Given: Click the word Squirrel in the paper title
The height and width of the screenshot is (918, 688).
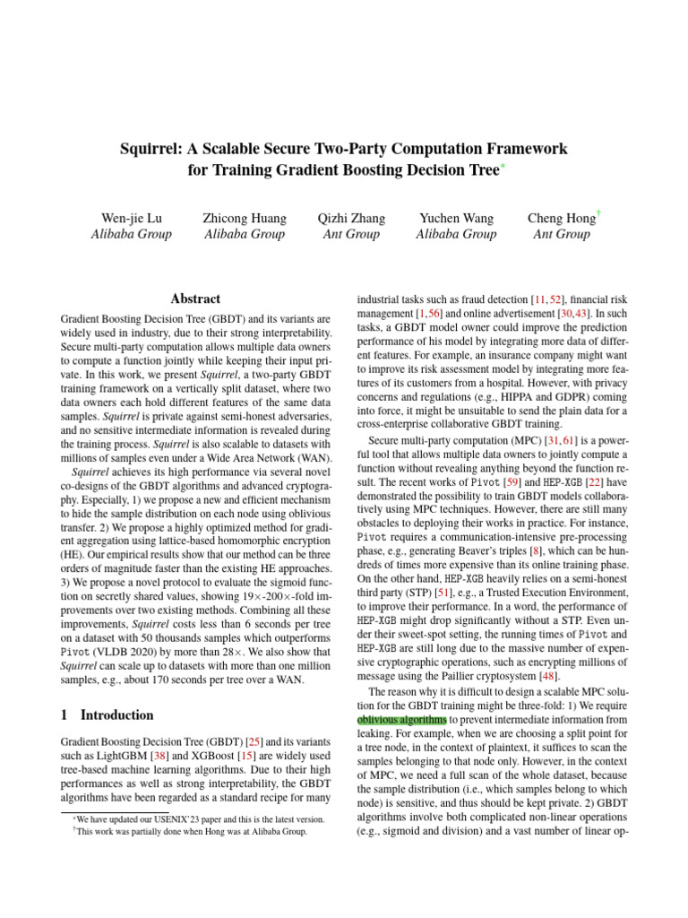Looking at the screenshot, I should point(150,147).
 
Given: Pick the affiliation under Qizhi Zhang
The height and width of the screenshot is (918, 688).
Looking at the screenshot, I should point(351,235).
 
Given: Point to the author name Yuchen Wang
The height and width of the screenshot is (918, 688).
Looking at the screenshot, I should point(455,219).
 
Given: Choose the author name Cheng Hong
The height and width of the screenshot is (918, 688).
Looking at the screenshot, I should point(561,219).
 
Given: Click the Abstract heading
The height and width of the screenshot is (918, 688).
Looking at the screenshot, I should point(195,299).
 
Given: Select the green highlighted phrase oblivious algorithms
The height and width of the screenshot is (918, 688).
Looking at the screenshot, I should point(401,718).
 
